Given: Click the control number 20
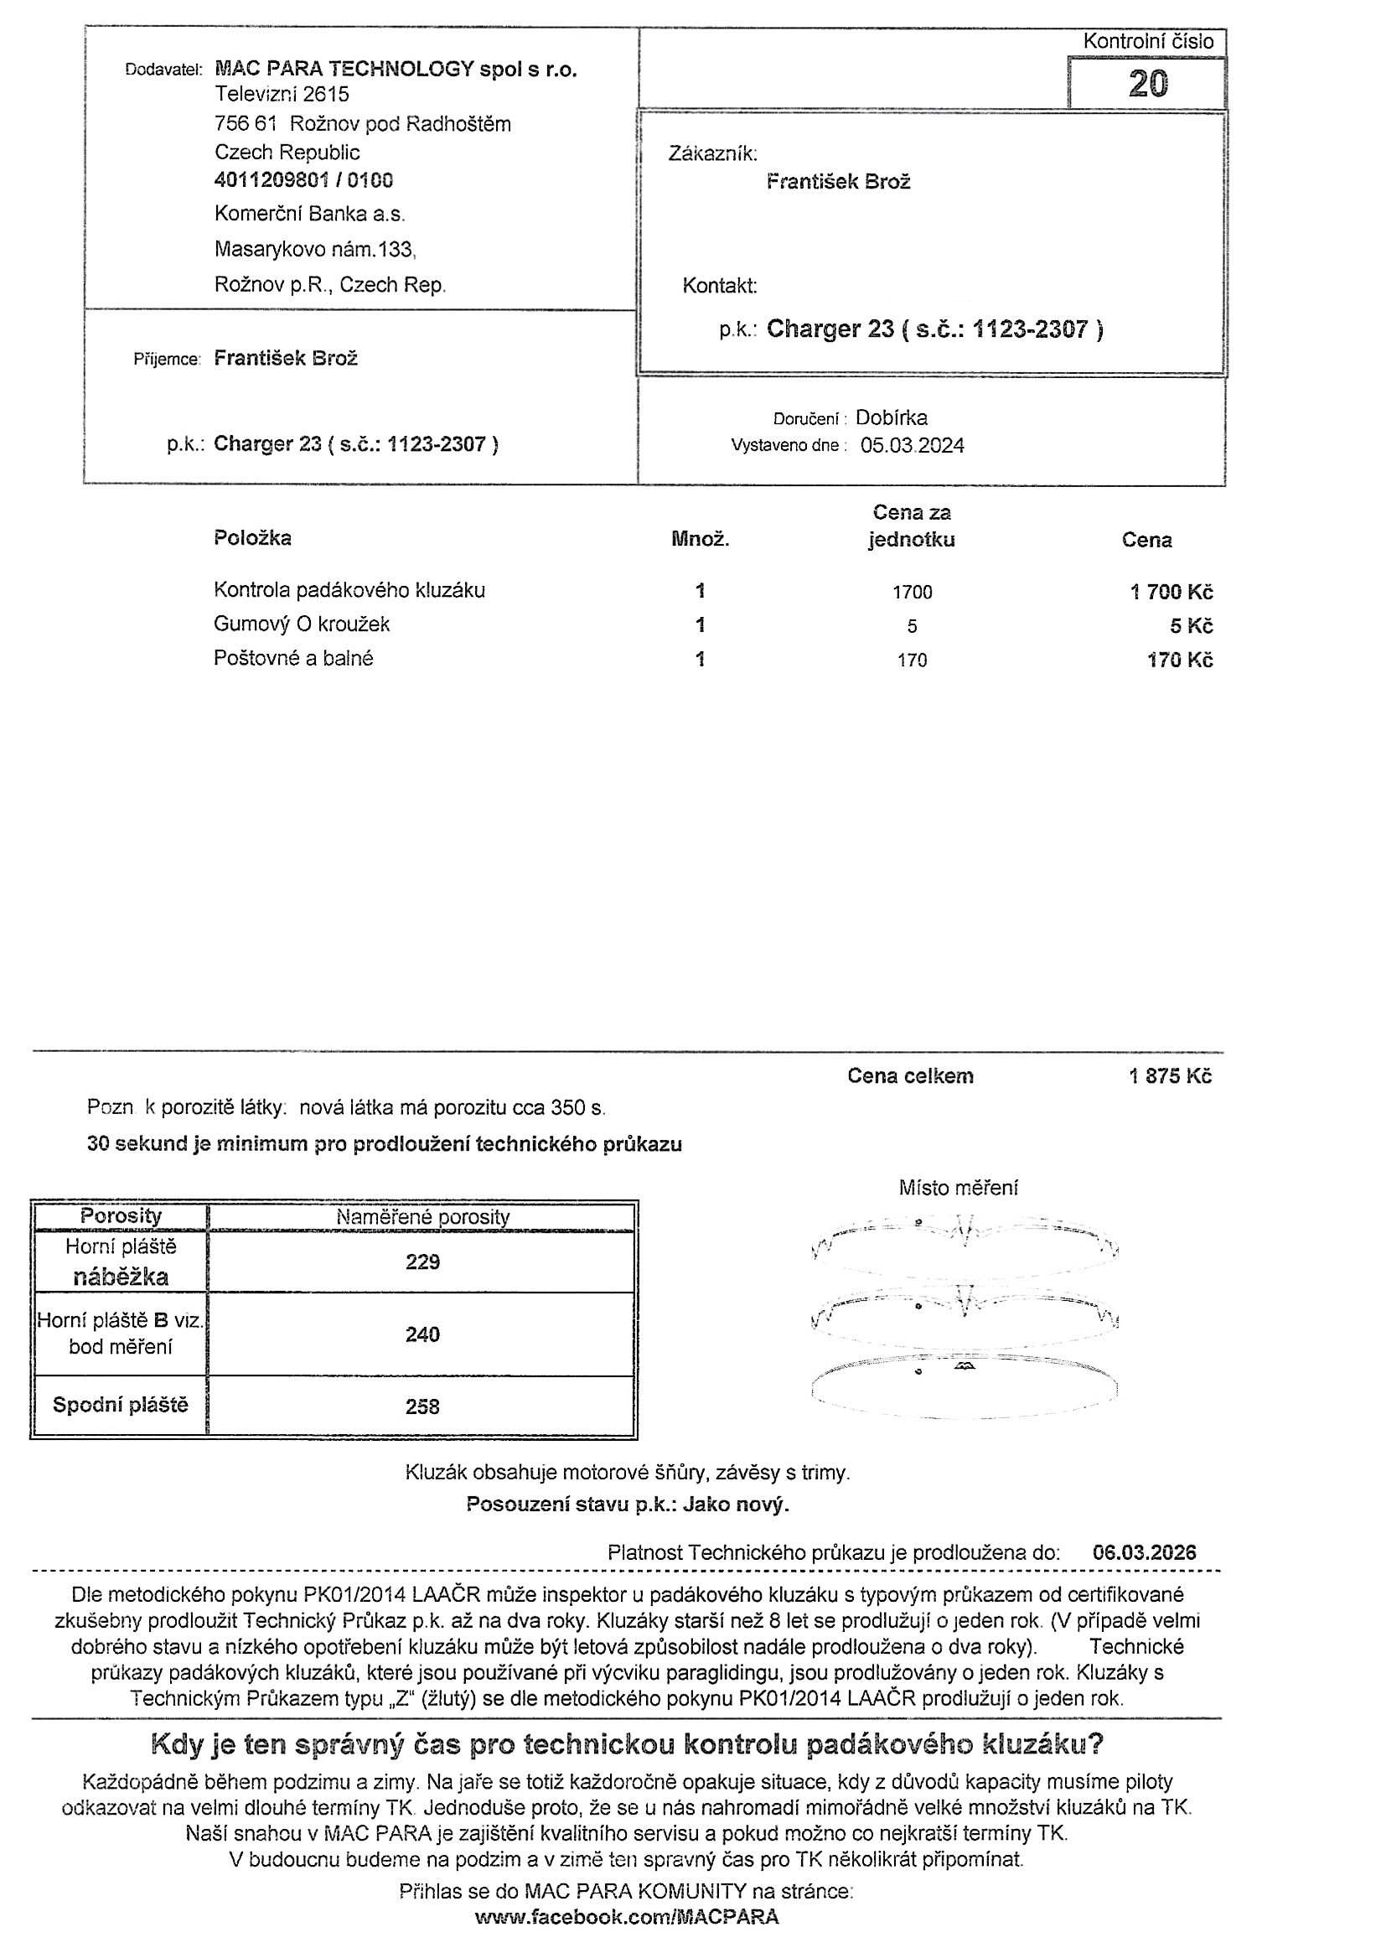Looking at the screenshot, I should (x=1147, y=84).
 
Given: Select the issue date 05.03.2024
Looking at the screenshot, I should (x=912, y=445).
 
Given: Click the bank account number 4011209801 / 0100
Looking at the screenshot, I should (x=303, y=180).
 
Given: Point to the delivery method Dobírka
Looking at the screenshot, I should (x=891, y=418).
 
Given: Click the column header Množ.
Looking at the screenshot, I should (x=700, y=540).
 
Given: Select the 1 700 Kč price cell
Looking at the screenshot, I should (x=1172, y=592).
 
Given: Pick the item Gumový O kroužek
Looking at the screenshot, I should (x=302, y=624).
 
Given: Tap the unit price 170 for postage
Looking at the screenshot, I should (x=911, y=660).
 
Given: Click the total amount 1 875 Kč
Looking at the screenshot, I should (x=1170, y=1076).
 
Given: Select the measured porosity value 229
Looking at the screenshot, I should (x=423, y=1262).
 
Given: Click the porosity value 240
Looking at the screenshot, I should (x=423, y=1334).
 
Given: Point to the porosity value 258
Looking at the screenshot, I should (x=423, y=1406).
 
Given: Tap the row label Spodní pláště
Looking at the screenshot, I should (x=120, y=1405).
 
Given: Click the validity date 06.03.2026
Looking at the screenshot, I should (x=1144, y=1552).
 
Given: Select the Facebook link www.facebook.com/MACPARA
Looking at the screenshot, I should (x=627, y=1918).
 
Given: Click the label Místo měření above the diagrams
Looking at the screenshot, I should (x=958, y=1188).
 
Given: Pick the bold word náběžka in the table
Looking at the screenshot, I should (x=120, y=1277).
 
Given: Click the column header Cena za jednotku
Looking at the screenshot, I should (x=911, y=526).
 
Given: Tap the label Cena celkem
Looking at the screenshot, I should (x=909, y=1076).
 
